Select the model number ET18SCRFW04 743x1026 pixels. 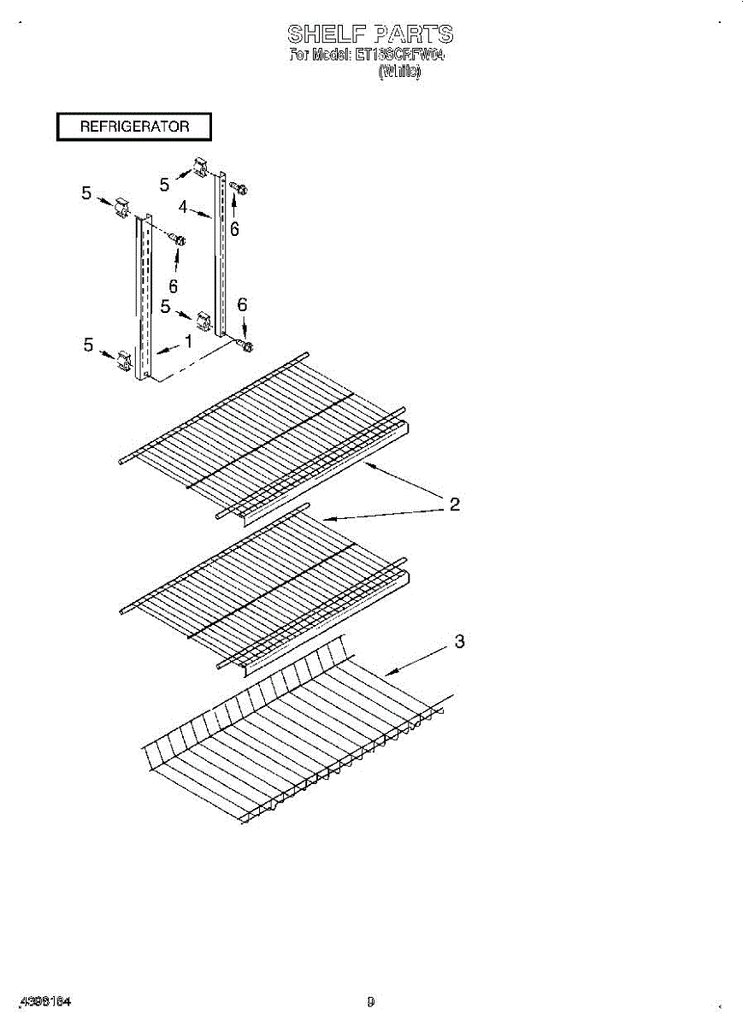[402, 56]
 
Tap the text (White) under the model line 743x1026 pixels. [399, 74]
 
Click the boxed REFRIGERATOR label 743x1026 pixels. [134, 127]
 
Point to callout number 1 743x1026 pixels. [187, 340]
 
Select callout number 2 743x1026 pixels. [455, 504]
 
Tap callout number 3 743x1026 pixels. [459, 641]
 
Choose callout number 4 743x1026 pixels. [183, 206]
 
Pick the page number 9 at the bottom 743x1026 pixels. [371, 1000]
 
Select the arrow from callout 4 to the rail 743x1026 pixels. [201, 213]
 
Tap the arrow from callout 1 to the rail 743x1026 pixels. [168, 347]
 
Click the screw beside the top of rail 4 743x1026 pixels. [239, 189]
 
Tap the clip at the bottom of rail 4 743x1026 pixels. [203, 321]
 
